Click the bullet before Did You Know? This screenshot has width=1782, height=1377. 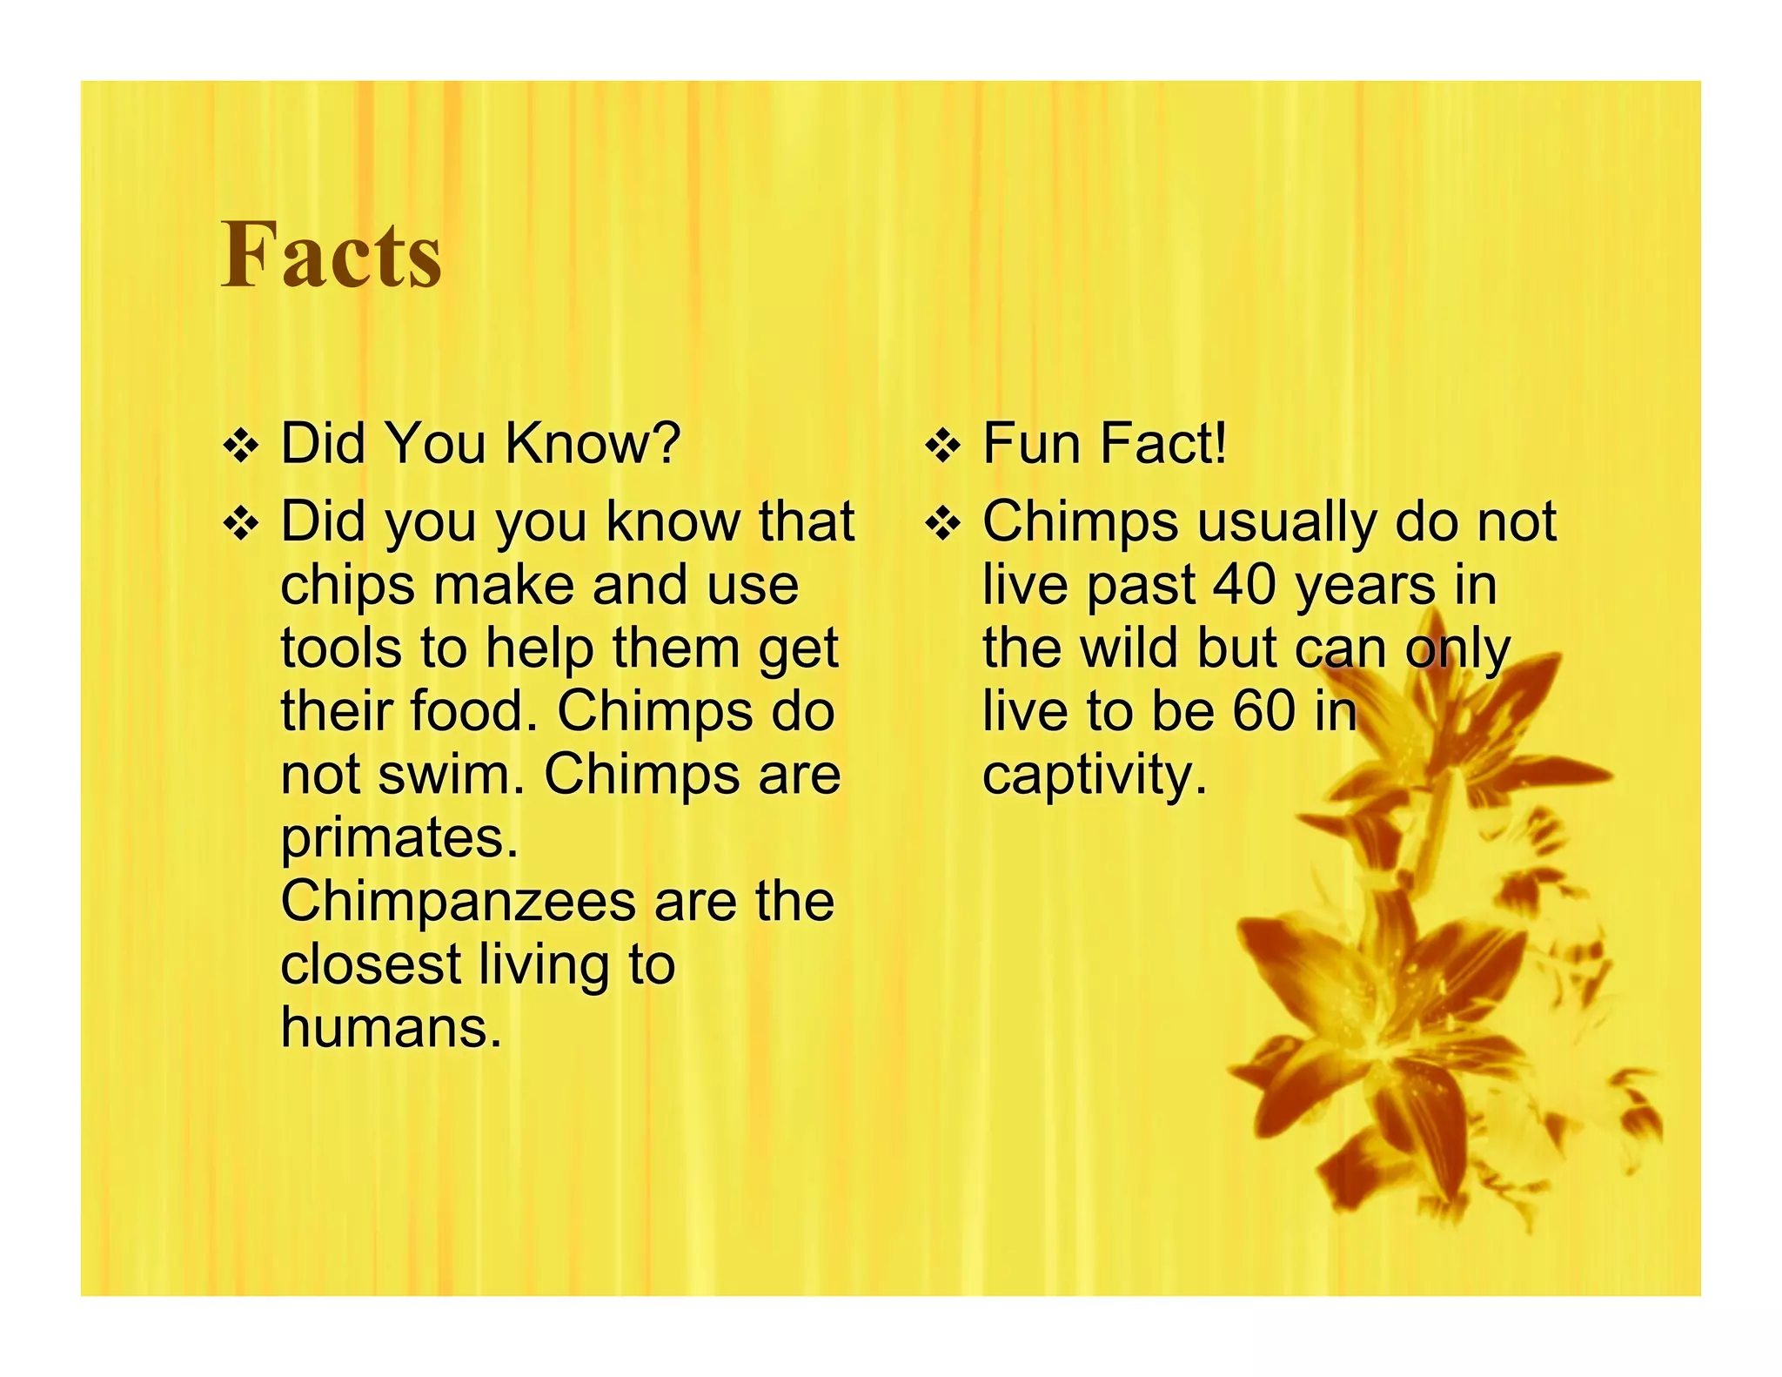pyautogui.click(x=240, y=447)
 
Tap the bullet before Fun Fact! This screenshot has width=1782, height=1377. pyautogui.click(x=942, y=447)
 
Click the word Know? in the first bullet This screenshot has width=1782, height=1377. pyautogui.click(x=592, y=443)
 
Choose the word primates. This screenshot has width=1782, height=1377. pyautogui.click(x=399, y=839)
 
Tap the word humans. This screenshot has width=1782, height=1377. pyautogui.click(x=391, y=1028)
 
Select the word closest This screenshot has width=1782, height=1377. pyautogui.click(x=371, y=964)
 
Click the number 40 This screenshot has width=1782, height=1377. pyautogui.click(x=1245, y=585)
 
